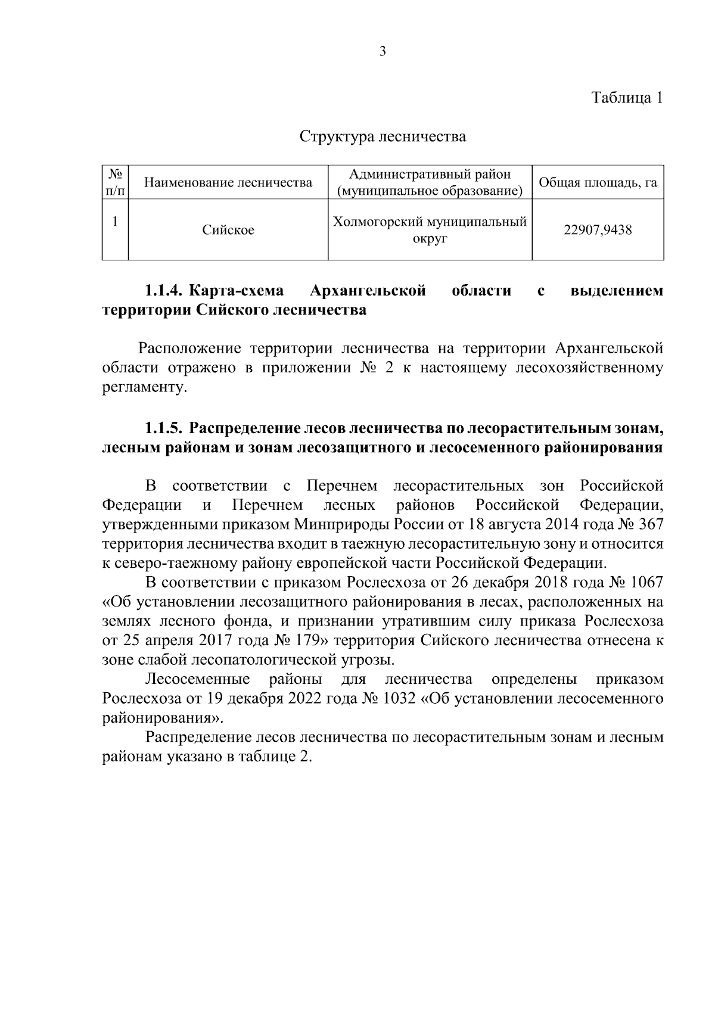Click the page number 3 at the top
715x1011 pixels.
pos(383,52)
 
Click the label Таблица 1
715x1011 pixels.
pos(627,98)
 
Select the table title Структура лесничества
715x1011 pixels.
pos(383,137)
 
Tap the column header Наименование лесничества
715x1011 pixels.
pos(228,182)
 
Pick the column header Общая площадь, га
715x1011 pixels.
pos(598,182)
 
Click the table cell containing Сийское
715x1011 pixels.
pos(228,230)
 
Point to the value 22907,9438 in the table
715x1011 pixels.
pos(598,230)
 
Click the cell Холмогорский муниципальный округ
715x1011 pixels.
pos(430,231)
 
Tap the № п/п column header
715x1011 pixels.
pos(116,182)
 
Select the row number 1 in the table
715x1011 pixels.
pos(116,221)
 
